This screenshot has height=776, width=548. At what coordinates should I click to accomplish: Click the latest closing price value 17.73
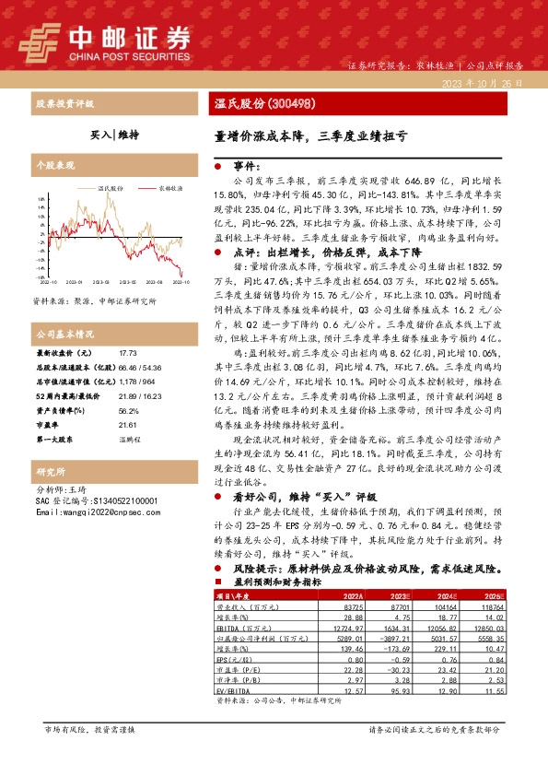click(127, 353)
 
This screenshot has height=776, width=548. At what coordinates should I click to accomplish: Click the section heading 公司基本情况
click(65, 333)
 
